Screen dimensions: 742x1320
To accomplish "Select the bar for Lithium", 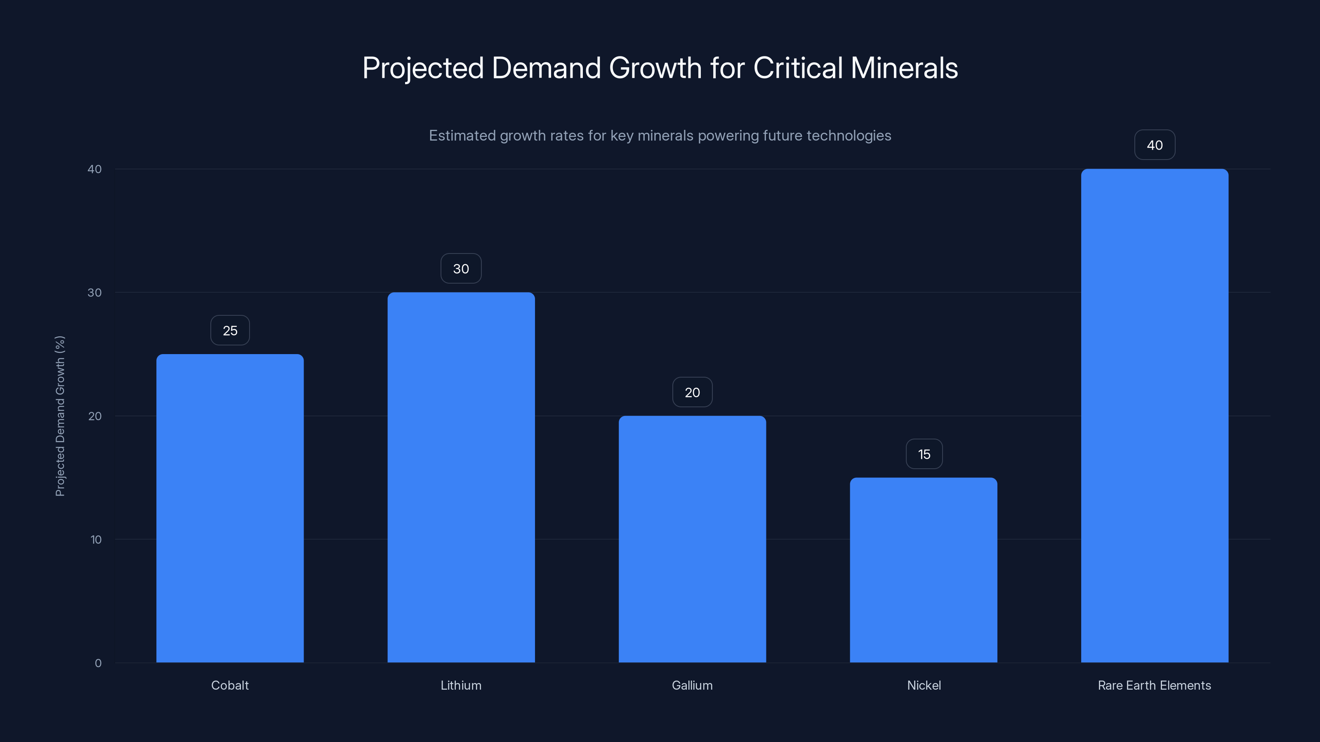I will coord(461,477).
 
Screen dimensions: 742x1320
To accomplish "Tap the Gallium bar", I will coord(692,539).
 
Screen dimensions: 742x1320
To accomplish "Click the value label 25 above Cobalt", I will coord(230,330).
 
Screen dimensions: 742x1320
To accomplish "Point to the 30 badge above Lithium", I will coord(461,268).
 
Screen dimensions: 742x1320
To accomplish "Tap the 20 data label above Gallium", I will coord(692,392).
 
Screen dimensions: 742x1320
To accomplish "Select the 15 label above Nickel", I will coord(924,454).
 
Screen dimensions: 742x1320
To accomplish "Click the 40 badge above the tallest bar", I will coord(1155,145).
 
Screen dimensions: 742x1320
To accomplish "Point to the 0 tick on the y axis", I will coord(98,663).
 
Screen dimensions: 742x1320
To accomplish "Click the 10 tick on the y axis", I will coord(96,539).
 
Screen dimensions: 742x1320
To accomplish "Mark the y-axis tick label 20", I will coord(95,416).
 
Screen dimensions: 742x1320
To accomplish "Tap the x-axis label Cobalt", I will coord(230,685).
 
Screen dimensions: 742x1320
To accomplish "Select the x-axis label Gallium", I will coord(692,685).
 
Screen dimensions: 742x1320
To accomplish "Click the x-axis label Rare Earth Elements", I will coord(1154,685).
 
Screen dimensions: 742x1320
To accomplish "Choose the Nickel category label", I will coord(924,685).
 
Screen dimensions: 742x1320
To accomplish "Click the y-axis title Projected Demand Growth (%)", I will coord(60,416).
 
